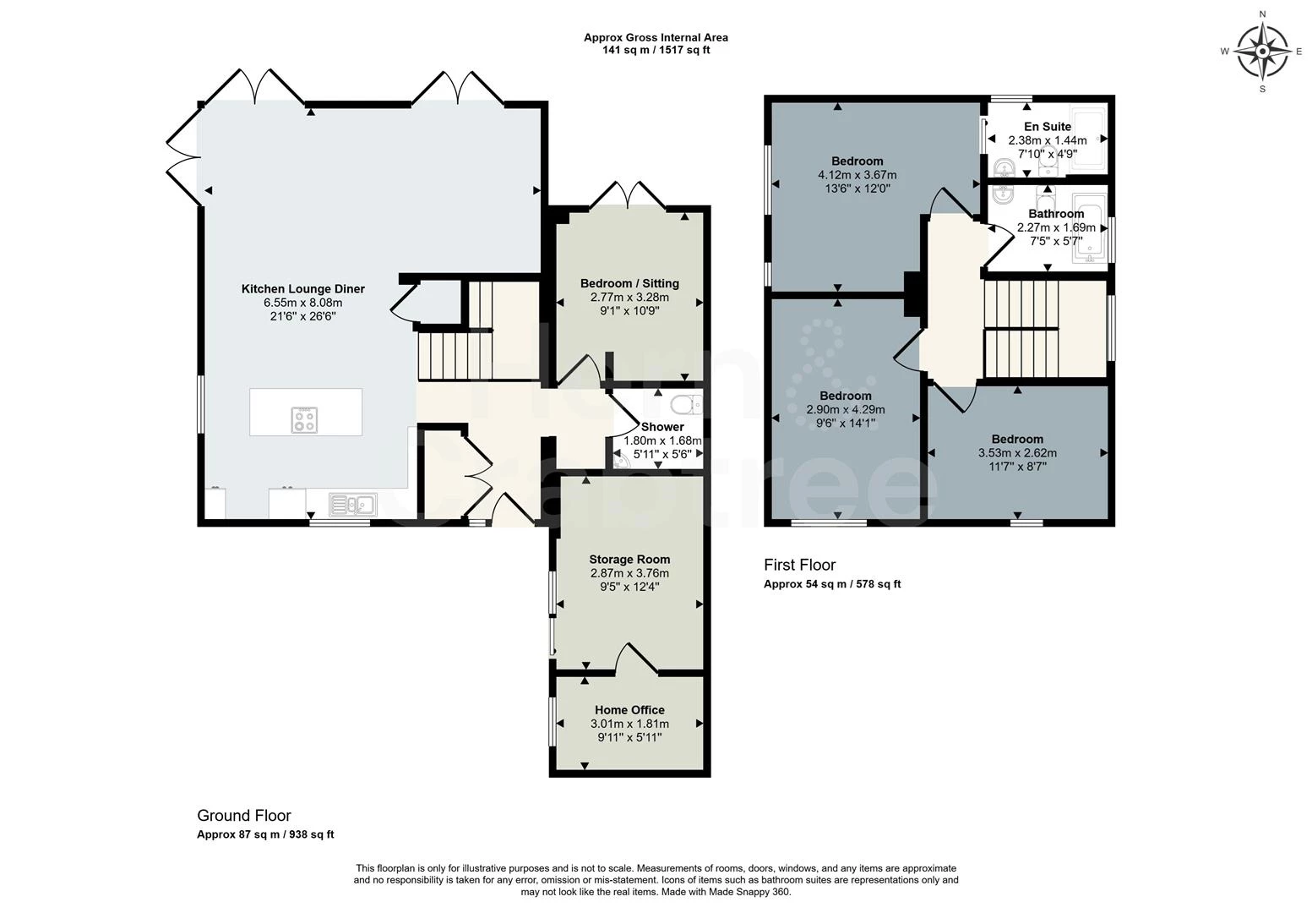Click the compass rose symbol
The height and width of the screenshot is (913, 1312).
(x=1262, y=52)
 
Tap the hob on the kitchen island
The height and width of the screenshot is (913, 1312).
(x=305, y=419)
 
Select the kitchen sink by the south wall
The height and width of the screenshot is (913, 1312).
(x=352, y=505)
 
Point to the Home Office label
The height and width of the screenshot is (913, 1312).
(x=629, y=709)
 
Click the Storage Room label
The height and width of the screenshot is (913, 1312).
(x=629, y=559)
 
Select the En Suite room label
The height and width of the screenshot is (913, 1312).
(x=1048, y=127)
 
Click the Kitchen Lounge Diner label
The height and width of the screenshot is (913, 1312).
(x=302, y=289)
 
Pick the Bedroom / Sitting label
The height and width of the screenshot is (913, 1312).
(x=629, y=284)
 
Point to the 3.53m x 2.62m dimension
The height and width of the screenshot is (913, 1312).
(x=1017, y=453)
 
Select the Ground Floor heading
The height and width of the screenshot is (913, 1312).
(x=243, y=815)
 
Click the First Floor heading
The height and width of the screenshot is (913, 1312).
(x=799, y=565)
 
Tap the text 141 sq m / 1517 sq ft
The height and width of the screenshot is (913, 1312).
(x=656, y=51)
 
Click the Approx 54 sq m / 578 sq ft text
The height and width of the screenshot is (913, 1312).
(x=832, y=584)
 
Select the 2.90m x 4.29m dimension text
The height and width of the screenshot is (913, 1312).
(x=845, y=410)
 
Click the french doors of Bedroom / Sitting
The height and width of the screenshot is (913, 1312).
(x=628, y=194)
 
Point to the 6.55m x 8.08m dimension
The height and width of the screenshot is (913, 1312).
(x=302, y=303)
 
